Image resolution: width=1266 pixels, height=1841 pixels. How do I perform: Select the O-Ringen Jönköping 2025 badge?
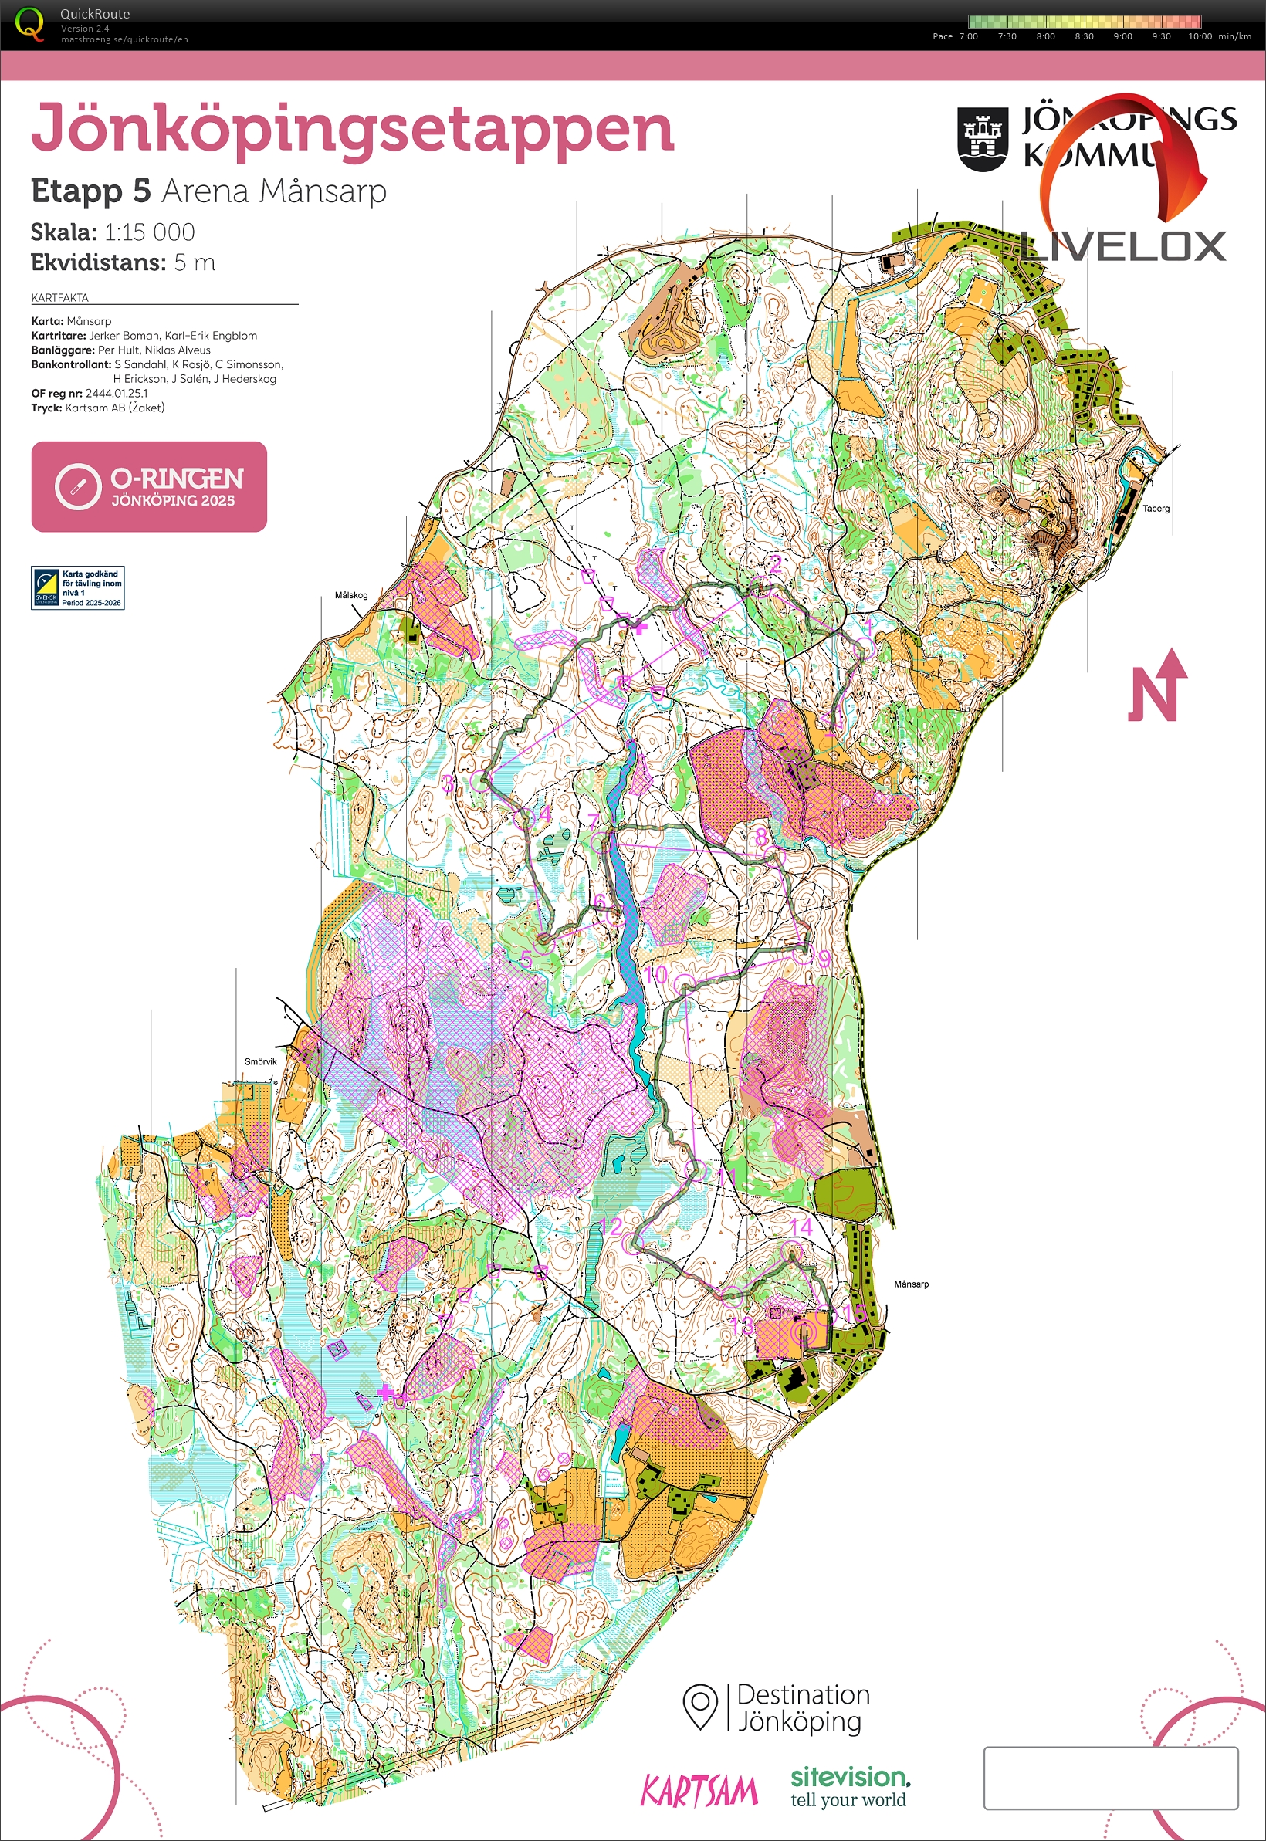coord(149,487)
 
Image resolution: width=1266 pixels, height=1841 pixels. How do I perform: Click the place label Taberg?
coord(1156,509)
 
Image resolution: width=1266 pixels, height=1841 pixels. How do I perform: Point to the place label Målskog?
coord(350,595)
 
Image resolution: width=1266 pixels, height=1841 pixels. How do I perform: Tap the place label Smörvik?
coord(260,1061)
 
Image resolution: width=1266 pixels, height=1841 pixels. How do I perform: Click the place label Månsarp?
coord(911,1284)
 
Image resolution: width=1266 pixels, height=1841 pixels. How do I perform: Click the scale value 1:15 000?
coord(149,232)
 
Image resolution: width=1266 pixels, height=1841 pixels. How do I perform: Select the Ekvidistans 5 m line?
coord(123,262)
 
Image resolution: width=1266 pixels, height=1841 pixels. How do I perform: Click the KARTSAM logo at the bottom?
coord(699,1791)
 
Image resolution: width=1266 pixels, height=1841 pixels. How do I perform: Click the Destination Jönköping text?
coord(802,1707)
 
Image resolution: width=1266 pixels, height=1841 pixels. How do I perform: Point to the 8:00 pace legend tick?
coord(1045,36)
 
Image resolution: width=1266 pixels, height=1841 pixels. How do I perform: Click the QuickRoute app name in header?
coord(94,13)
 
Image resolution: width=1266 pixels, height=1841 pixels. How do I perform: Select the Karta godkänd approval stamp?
coord(78,587)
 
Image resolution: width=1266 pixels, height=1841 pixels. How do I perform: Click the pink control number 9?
coord(824,958)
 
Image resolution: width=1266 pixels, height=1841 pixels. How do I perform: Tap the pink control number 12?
coord(611,1227)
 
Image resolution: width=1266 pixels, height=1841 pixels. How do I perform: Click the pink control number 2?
coord(775,564)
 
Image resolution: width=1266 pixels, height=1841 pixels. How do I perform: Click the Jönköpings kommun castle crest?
coord(983,139)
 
